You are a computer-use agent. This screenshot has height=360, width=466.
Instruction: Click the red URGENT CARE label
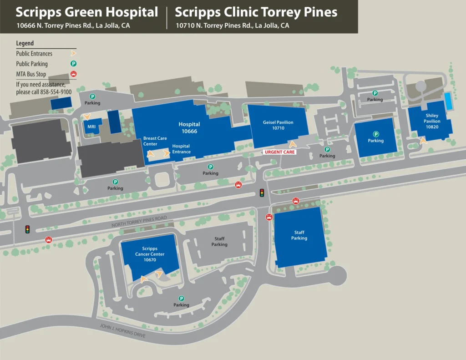[x=280, y=152]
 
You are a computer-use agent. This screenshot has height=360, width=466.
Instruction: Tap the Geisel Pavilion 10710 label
[x=278, y=125]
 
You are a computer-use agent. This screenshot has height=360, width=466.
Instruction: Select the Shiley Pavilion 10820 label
[x=432, y=122]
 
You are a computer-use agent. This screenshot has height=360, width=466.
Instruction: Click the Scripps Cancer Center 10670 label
[x=150, y=254]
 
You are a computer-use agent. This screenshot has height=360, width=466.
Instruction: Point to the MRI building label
[x=91, y=127]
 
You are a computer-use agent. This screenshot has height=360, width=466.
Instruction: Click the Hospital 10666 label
[x=189, y=127]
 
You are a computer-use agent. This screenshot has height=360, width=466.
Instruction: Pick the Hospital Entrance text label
[x=181, y=149]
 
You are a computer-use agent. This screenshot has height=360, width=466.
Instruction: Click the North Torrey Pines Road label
[x=136, y=223]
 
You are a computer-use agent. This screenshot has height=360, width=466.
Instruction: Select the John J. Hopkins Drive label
[x=122, y=331]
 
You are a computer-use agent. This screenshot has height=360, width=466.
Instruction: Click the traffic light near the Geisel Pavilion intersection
[x=262, y=193]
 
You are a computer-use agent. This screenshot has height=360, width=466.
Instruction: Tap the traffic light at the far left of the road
[x=27, y=229]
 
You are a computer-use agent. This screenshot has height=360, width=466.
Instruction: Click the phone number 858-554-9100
[x=56, y=91]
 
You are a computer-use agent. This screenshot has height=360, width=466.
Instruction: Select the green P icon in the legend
[x=73, y=64]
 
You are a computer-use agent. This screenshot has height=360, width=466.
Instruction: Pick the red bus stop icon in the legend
[x=73, y=74]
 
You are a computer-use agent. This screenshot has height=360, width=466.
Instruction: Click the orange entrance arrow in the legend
[x=73, y=54]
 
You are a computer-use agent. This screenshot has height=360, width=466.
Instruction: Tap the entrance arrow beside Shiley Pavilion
[x=423, y=141]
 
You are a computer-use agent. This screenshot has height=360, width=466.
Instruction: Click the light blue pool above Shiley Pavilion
[x=448, y=101]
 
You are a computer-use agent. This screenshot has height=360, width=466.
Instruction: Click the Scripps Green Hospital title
[x=87, y=12]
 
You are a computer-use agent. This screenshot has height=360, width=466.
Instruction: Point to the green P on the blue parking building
[x=376, y=134]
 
